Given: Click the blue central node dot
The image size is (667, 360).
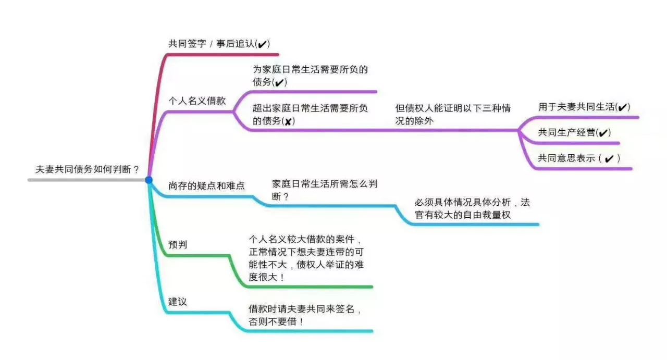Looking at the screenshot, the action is click(x=149, y=180).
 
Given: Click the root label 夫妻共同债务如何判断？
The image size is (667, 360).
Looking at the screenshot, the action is click(x=87, y=169).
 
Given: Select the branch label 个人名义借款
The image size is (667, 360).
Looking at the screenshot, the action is click(x=197, y=101).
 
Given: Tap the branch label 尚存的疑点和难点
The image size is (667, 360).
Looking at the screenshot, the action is click(x=206, y=186).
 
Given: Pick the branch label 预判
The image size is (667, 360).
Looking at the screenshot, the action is click(x=178, y=244).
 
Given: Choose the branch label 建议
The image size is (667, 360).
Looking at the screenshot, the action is click(x=178, y=302).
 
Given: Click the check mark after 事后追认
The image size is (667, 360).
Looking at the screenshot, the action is click(x=262, y=44).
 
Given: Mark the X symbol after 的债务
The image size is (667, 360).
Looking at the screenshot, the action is click(x=288, y=121).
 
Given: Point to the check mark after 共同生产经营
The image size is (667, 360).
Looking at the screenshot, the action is click(x=603, y=133).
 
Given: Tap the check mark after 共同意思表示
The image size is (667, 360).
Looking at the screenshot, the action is click(x=609, y=159).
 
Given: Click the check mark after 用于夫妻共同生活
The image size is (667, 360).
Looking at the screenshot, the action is click(x=622, y=107).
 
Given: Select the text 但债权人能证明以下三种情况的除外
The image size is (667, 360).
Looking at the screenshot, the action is click(x=453, y=114).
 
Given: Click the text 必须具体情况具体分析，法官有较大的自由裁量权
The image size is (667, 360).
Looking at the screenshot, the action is click(x=472, y=208).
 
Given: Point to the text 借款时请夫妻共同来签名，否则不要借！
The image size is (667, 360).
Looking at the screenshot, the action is click(x=305, y=315).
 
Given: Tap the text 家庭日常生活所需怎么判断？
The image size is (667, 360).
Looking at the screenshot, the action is click(x=325, y=190).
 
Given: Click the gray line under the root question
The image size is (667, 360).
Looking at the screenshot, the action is click(x=87, y=180).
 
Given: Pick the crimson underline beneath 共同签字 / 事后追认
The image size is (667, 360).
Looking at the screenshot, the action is click(x=223, y=55).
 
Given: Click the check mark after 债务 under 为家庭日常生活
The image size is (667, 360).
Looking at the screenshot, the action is click(x=279, y=82).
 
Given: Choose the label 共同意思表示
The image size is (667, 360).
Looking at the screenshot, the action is click(x=566, y=158).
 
